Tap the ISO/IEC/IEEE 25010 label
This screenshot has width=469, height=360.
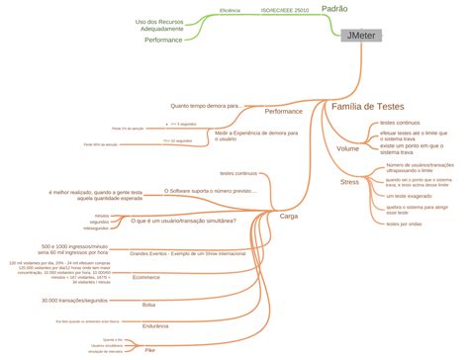coord(284,9)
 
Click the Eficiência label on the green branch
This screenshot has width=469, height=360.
coord(231,9)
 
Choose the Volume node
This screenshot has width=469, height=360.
coord(347,148)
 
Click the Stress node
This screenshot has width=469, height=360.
coord(349,183)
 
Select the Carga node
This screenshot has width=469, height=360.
coord(289,215)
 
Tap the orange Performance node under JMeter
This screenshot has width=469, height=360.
coord(283,111)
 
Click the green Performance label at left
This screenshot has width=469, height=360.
coord(163,40)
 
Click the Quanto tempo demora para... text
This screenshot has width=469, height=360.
coord(206,105)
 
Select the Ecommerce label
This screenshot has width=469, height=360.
coord(145,277)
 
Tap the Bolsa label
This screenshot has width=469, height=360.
coord(148,305)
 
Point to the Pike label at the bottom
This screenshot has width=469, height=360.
coord(149,351)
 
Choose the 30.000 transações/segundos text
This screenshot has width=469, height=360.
coord(74,299)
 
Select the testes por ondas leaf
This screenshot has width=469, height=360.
coord(404,224)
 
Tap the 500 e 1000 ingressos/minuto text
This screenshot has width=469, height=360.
coord(74,245)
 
